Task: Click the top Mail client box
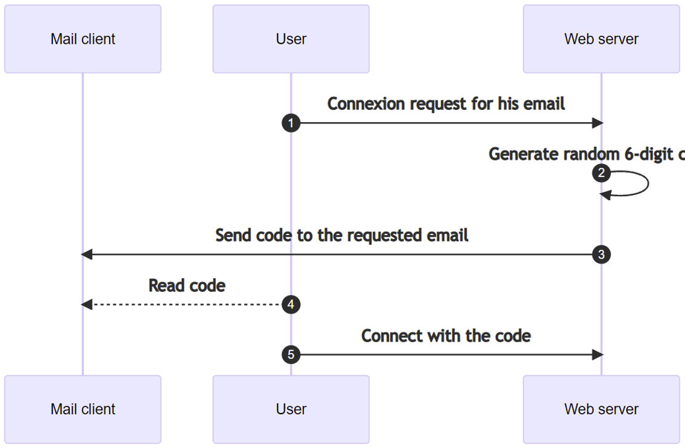(x=83, y=39)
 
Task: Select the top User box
(x=291, y=39)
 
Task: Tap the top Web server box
(x=601, y=39)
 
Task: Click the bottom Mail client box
(x=83, y=409)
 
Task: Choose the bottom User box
(x=291, y=409)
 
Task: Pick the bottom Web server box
(x=601, y=409)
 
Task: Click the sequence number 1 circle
(x=291, y=123)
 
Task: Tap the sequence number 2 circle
(x=601, y=173)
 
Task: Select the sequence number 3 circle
(x=601, y=254)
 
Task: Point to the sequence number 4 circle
(x=291, y=304)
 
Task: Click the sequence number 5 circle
(x=291, y=355)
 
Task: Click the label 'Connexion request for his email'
(x=446, y=104)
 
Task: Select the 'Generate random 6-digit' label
(x=586, y=154)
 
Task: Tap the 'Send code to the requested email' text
(x=342, y=235)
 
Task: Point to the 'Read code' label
(x=187, y=285)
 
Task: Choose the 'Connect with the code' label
(x=446, y=336)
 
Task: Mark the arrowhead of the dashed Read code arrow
(x=87, y=304)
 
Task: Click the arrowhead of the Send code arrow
(x=87, y=254)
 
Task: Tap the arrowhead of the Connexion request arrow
(x=597, y=123)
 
